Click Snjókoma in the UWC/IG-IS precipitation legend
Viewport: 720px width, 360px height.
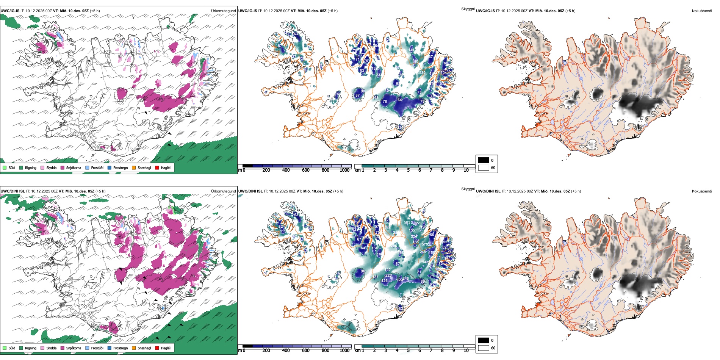[74, 167]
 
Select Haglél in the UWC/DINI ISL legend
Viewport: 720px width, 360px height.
[166, 348]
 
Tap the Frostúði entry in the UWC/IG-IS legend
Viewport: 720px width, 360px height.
[97, 167]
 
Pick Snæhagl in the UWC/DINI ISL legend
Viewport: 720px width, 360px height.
[144, 348]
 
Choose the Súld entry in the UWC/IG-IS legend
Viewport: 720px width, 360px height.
[12, 167]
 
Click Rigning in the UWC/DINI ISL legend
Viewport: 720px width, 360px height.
[30, 348]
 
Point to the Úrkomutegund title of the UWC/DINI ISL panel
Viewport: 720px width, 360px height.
[223, 191]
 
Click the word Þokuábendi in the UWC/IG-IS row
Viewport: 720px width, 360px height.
[702, 11]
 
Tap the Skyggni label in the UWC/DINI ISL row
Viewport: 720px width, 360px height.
[468, 189]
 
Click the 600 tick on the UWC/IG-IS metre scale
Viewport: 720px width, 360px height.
[306, 170]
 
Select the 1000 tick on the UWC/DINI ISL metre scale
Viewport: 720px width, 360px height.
[344, 351]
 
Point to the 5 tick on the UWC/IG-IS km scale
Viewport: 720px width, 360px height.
[409, 170]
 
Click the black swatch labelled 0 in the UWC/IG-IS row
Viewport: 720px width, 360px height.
[484, 160]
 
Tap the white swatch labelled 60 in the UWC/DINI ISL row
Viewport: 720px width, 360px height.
[484, 348]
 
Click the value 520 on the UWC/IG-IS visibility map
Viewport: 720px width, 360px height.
[422, 73]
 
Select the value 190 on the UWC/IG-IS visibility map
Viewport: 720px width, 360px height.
[415, 61]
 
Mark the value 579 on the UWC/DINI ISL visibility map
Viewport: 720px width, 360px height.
[425, 244]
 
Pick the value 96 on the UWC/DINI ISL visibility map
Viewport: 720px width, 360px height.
[363, 271]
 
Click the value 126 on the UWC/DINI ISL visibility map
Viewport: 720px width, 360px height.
[385, 281]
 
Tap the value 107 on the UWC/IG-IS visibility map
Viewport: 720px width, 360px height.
[440, 84]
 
